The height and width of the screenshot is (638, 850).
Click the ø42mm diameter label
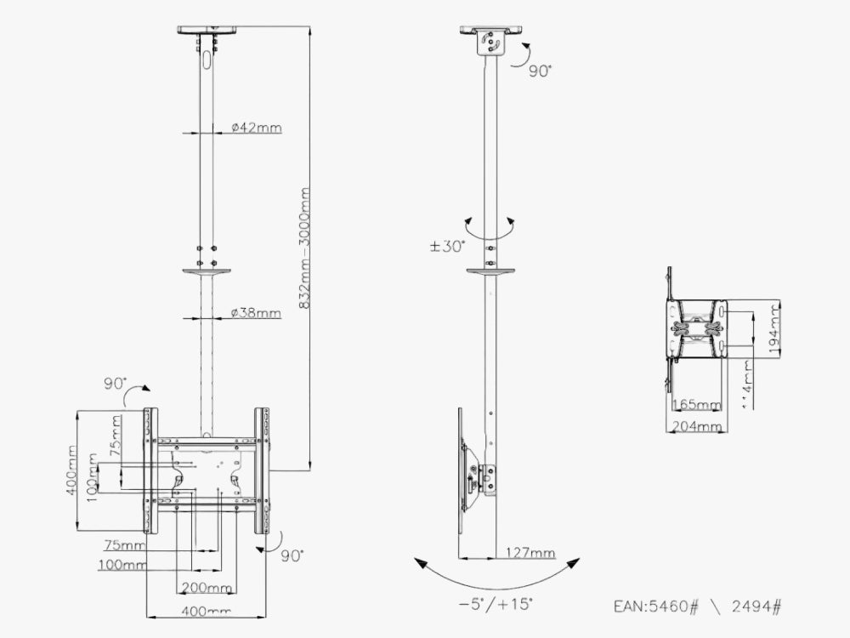pos(256,128)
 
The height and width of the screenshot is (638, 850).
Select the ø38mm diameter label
pos(256,313)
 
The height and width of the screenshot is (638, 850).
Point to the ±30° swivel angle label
pos(447,247)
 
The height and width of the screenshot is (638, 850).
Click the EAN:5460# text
pos(655,607)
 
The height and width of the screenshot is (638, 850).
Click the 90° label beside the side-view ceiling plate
pos(540,72)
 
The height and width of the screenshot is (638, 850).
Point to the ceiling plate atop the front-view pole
pos(206,30)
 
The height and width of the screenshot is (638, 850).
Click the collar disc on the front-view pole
pos(206,272)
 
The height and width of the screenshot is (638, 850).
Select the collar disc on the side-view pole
pos(490,272)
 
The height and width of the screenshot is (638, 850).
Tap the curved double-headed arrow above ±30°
pos(490,227)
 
